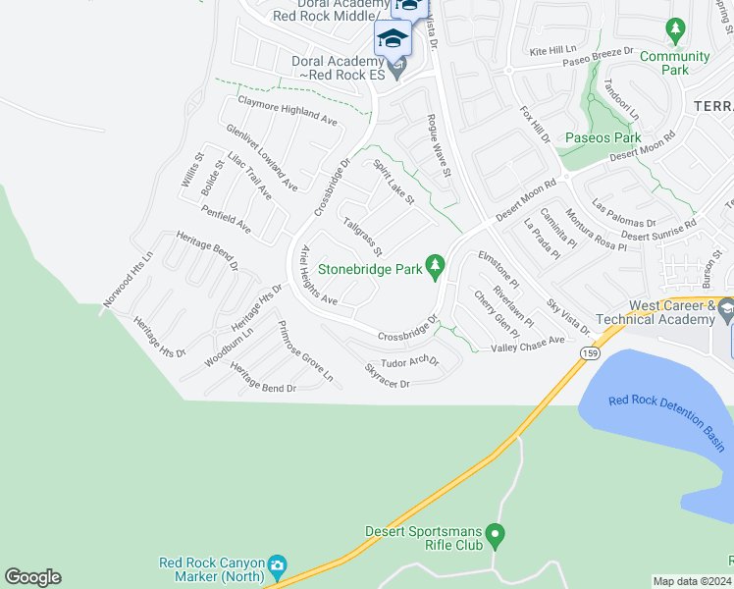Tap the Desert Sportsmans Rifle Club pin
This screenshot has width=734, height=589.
[x=496, y=536]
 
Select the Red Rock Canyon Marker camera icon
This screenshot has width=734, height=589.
[x=277, y=566]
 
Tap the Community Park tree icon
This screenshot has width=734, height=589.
[x=675, y=32]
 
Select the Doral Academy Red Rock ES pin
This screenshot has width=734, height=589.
[x=396, y=68]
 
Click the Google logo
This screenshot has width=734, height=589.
[x=32, y=577]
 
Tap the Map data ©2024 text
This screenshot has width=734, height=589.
[x=692, y=581]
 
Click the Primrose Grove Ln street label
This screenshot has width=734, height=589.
[x=305, y=351]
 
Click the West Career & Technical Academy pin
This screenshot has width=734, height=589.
[x=725, y=311]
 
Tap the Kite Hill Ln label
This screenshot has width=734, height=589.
[x=553, y=49]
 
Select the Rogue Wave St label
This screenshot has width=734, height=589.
[x=438, y=145]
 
